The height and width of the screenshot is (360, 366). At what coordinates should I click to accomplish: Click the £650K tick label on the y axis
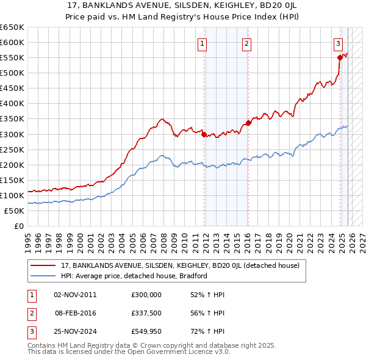point(12,27)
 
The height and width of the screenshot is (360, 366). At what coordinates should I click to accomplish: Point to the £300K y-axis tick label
point(12,134)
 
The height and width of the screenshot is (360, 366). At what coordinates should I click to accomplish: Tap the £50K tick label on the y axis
point(14,211)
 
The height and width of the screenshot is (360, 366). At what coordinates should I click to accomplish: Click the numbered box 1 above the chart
point(201,43)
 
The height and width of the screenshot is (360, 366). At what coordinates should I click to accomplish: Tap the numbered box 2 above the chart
point(246,43)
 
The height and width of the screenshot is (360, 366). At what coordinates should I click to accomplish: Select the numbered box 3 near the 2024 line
point(338,43)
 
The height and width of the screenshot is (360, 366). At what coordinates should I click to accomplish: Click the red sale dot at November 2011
point(204,135)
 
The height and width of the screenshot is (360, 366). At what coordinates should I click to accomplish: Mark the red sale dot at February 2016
point(248,123)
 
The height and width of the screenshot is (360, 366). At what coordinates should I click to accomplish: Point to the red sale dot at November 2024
point(340,58)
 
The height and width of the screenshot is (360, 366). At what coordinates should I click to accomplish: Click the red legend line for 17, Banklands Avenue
point(43,265)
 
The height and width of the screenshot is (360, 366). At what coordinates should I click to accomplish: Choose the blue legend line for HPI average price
point(43,276)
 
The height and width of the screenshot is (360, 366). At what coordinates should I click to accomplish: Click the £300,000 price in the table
point(146,295)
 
